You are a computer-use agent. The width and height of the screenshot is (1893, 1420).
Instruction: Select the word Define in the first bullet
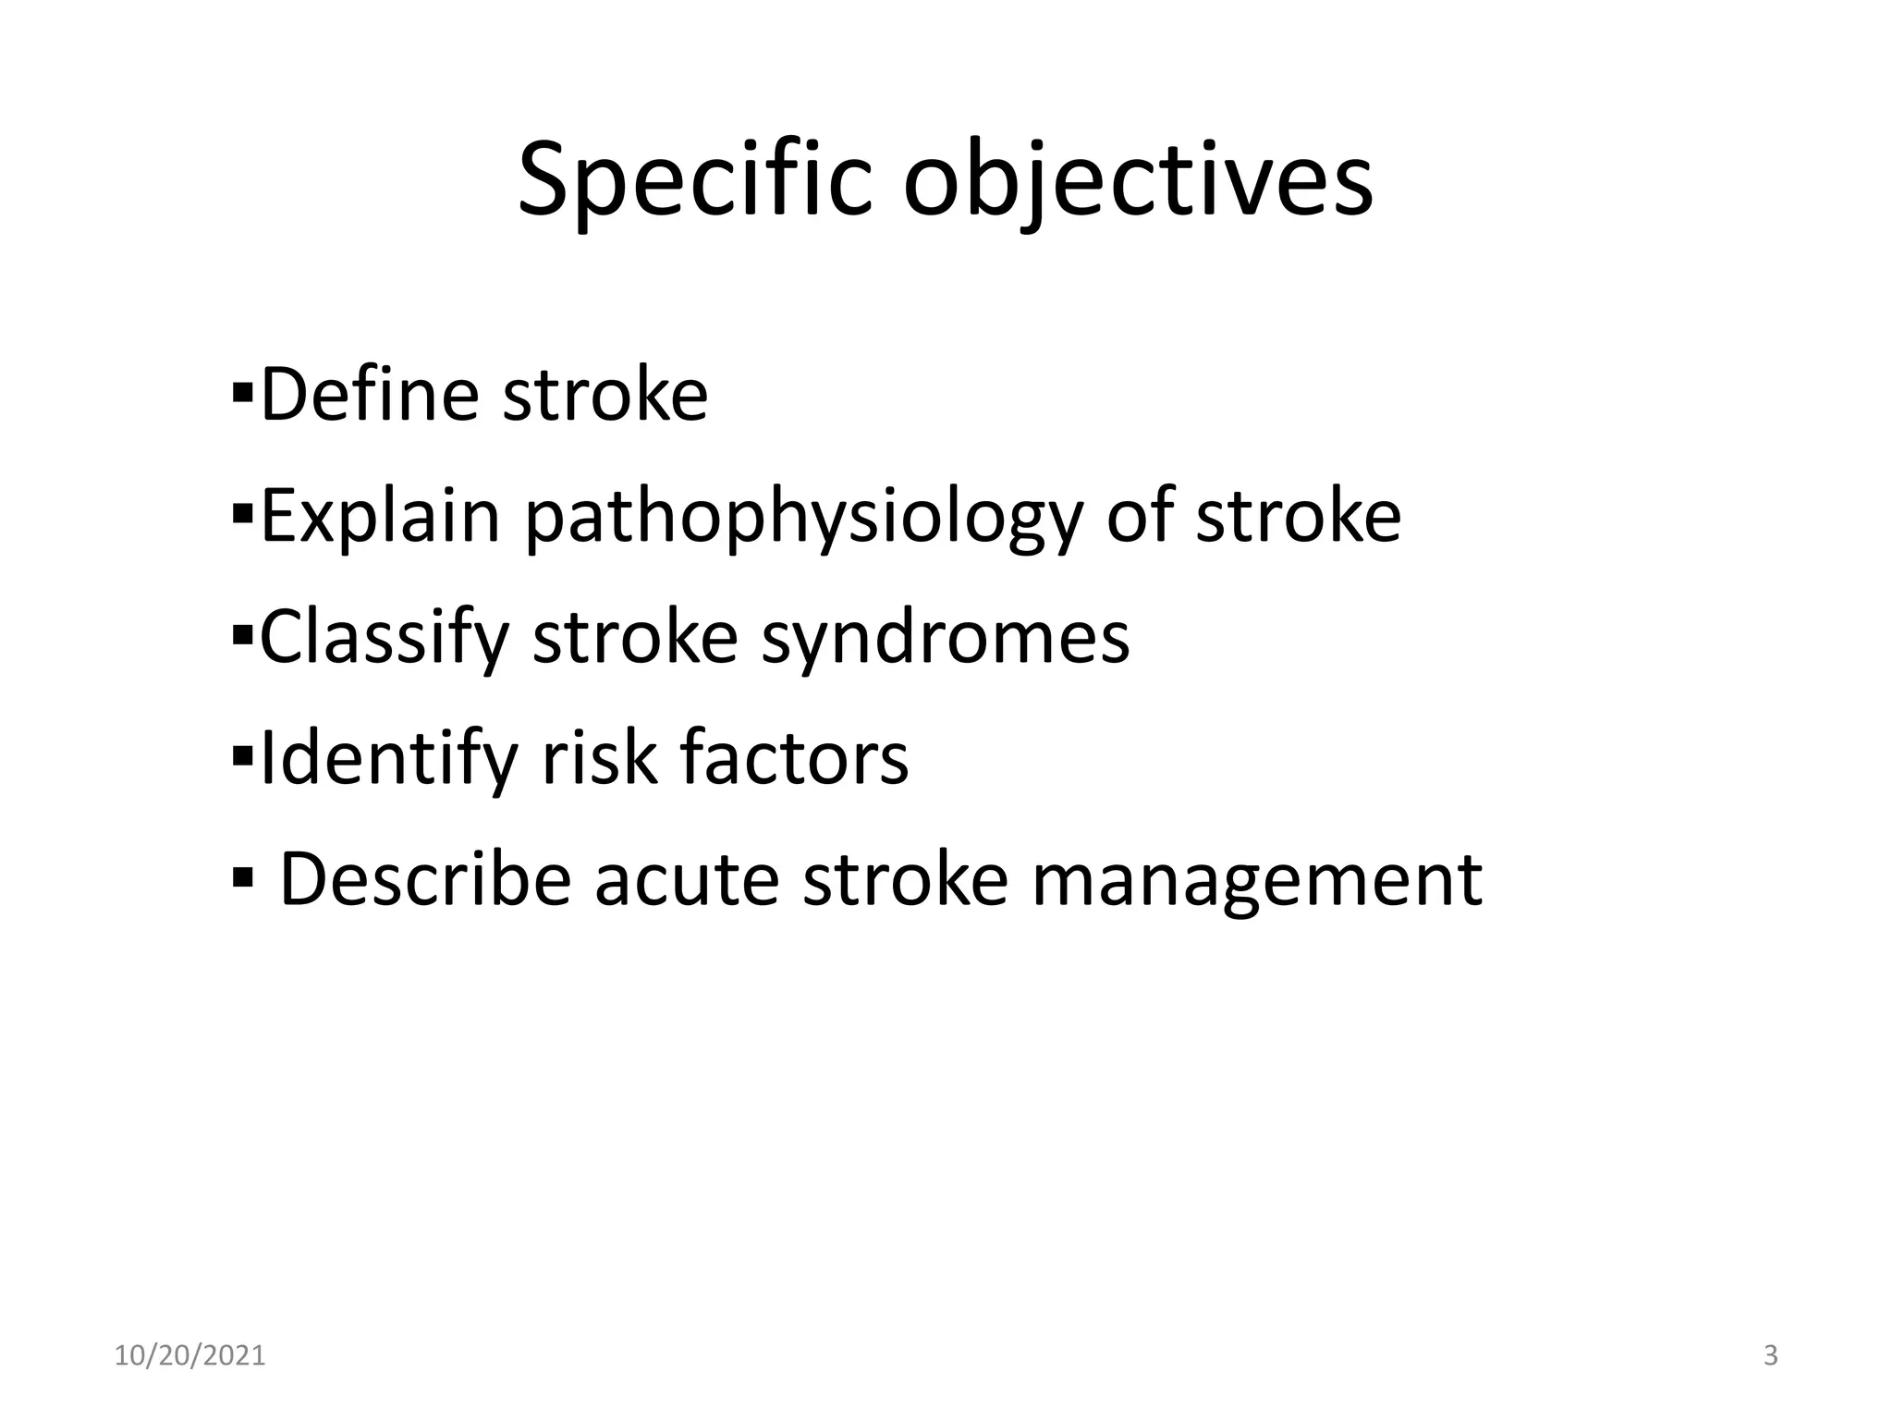(x=370, y=395)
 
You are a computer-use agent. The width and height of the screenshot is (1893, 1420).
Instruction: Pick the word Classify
(x=385, y=637)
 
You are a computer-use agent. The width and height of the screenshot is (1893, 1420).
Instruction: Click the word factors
(x=794, y=758)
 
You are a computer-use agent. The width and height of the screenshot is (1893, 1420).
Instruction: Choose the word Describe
(x=425, y=879)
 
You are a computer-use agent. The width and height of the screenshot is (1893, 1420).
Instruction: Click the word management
(x=1256, y=879)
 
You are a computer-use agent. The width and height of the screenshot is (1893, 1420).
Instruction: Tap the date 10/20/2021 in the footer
(x=189, y=1356)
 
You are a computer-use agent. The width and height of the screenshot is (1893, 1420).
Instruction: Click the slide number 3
(x=1770, y=1356)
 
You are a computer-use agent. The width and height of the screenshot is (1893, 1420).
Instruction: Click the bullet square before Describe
(x=243, y=875)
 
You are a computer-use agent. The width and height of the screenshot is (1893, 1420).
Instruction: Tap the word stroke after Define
(x=605, y=395)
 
